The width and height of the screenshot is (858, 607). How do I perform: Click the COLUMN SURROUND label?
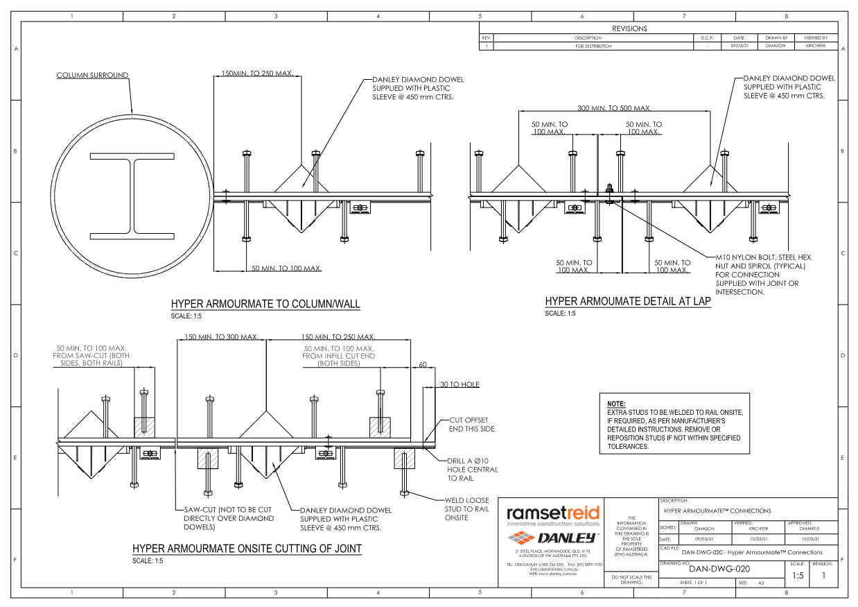(x=92, y=76)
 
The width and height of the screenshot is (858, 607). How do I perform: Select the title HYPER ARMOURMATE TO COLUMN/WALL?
(x=265, y=304)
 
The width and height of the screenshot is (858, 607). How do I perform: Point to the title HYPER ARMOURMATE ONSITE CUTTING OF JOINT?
(x=247, y=549)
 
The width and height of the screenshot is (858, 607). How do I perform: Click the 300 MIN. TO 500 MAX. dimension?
(x=614, y=108)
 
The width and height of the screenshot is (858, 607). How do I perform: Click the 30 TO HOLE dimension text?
(x=460, y=384)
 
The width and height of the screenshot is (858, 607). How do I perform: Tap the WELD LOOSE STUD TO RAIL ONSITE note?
(x=466, y=508)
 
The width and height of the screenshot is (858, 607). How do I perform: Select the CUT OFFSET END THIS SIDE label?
(x=472, y=425)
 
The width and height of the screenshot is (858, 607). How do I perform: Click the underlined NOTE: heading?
(x=616, y=404)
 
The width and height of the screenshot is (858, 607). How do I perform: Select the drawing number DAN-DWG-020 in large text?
(x=719, y=570)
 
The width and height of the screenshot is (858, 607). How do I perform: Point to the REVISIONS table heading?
(x=629, y=28)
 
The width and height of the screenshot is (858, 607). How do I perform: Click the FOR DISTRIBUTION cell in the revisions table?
(x=593, y=46)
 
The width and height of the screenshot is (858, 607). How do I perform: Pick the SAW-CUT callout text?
(x=229, y=518)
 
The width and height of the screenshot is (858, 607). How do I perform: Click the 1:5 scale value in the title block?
(x=798, y=575)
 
